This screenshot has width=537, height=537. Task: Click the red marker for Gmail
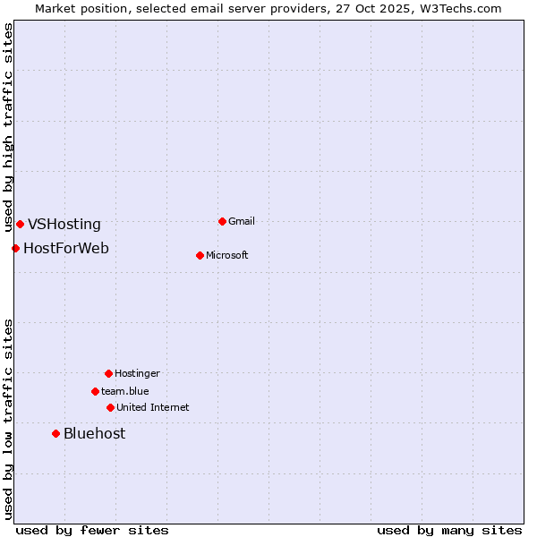(x=222, y=221)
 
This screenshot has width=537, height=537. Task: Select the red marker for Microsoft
(x=200, y=255)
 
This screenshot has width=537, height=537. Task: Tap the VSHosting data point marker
(x=20, y=224)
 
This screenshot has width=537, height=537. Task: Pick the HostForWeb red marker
(x=15, y=248)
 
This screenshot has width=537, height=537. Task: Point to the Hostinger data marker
(x=108, y=373)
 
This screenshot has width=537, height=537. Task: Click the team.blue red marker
(x=95, y=391)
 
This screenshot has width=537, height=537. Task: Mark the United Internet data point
(x=110, y=407)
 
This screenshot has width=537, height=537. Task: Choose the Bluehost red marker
(x=55, y=433)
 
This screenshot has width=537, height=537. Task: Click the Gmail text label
(x=242, y=221)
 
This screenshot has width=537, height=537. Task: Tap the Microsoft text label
(x=227, y=255)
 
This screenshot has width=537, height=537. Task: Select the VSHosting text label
(x=64, y=225)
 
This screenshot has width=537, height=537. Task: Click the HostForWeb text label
(x=66, y=248)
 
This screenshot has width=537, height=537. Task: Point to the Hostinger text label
(x=137, y=373)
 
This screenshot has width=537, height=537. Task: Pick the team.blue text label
(x=125, y=391)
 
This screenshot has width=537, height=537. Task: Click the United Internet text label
(x=153, y=407)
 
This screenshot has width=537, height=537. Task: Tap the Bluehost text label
(x=94, y=434)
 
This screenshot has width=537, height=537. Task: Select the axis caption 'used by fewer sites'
(x=92, y=530)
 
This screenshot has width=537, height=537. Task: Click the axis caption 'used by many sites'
(x=449, y=530)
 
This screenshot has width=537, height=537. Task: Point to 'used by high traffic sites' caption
(x=8, y=127)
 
